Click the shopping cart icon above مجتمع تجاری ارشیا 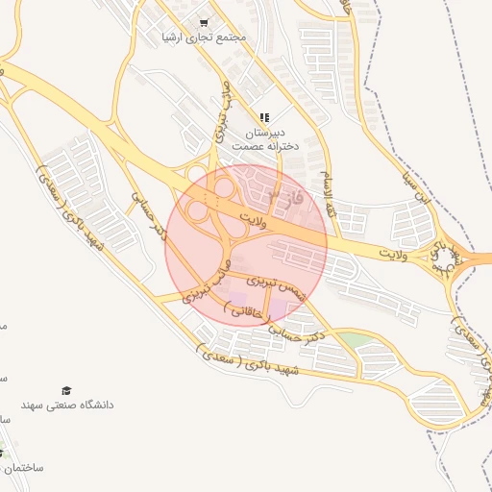point(203,22)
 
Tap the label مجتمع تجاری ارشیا point(204,37)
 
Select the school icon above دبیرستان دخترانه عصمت point(264,117)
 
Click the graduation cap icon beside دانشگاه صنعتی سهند point(66,390)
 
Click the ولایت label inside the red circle point(265,214)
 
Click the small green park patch point(357,339)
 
